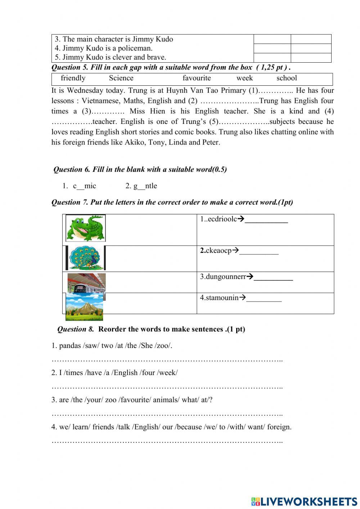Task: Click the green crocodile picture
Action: tap(86, 228)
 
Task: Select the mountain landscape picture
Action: tap(84, 307)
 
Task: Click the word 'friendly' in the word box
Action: tap(73, 78)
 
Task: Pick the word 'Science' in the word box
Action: tap(121, 78)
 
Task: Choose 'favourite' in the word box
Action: tap(197, 78)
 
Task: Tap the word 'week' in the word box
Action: tap(244, 78)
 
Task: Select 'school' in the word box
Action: tap(287, 78)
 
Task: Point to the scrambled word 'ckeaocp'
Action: tap(219, 251)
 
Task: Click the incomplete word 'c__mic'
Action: tap(85, 186)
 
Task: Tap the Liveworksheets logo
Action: tap(304, 501)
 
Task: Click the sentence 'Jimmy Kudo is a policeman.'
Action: tap(107, 48)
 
